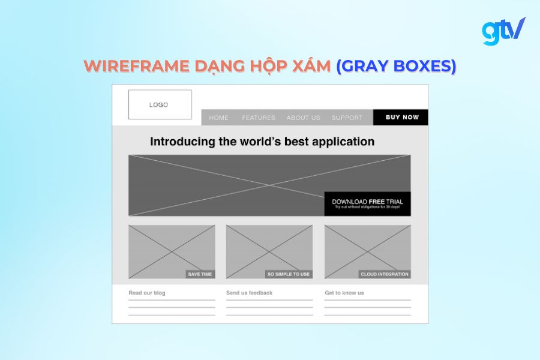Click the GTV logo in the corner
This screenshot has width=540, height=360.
pos(503,31)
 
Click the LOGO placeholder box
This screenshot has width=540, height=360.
pos(160,104)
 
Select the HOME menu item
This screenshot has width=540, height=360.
pos(219,118)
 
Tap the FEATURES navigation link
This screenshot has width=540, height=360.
pos(259,118)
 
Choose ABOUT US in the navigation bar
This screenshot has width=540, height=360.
pos(304,118)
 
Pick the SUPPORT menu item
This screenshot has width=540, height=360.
pos(347,118)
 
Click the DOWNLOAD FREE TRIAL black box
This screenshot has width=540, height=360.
pos(367,203)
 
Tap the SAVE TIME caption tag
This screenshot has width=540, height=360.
pos(200,274)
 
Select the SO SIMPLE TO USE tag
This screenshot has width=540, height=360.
pos(289,274)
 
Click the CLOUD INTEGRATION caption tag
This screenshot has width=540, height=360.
pos(385,274)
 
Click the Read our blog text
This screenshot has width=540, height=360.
pos(147,293)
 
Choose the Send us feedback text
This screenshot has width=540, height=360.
pos(249,293)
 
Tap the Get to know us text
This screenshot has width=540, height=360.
pos(344,293)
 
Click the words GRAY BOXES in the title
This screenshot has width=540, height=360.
pos(396,66)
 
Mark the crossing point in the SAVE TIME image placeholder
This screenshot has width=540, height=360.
pos(172,252)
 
